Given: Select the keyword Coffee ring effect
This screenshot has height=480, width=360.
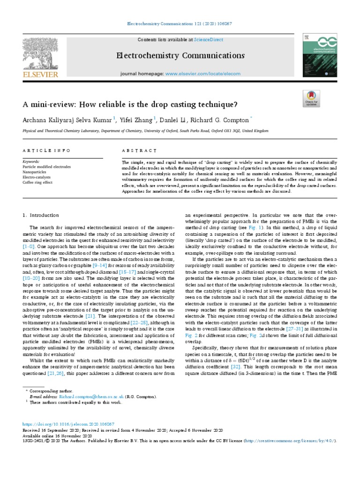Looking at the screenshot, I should tap(37, 182).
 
